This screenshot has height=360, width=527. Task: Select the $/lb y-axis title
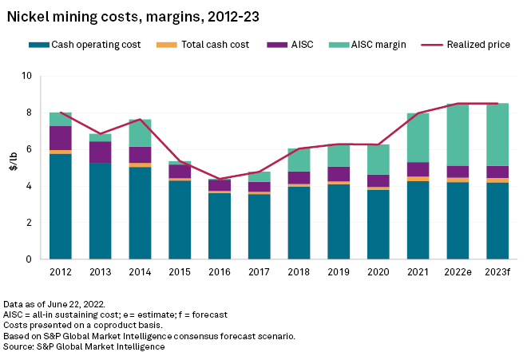tap(12, 168)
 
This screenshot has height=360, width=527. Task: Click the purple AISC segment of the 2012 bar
tap(61, 138)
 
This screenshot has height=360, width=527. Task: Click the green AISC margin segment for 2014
tap(140, 133)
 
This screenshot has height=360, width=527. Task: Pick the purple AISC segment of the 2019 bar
tap(339, 174)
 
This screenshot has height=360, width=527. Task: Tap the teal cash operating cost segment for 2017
tap(260, 227)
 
